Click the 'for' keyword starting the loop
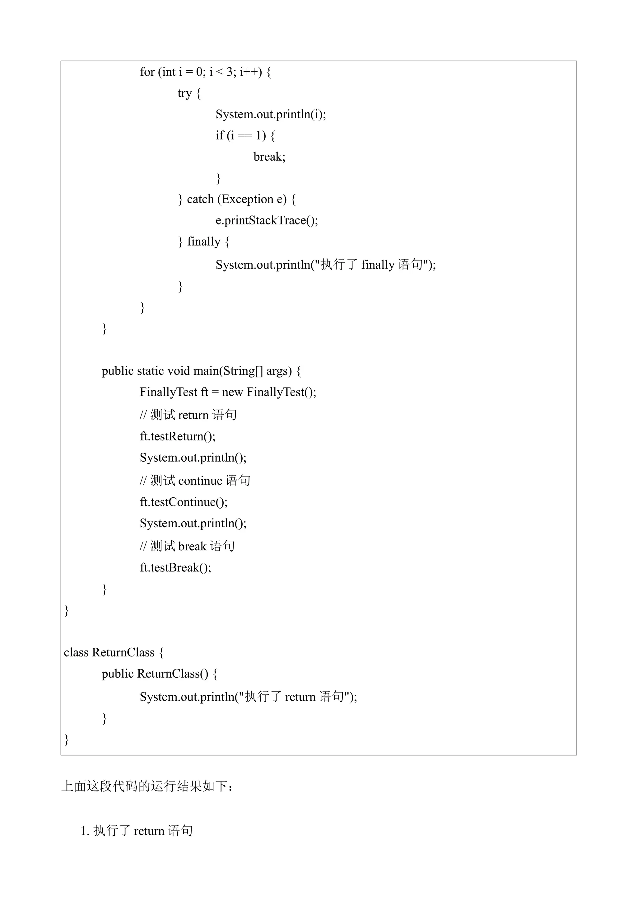[147, 72]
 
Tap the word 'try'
[184, 93]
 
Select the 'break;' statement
[269, 157]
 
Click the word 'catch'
[200, 199]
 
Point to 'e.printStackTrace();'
[267, 220]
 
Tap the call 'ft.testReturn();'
[177, 436]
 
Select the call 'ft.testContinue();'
[183, 502]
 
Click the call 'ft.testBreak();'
[175, 568]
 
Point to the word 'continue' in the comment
[200, 481]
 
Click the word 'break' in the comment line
[192, 547]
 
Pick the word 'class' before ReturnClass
[76, 653]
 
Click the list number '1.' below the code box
[85, 831]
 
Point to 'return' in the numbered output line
[149, 831]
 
